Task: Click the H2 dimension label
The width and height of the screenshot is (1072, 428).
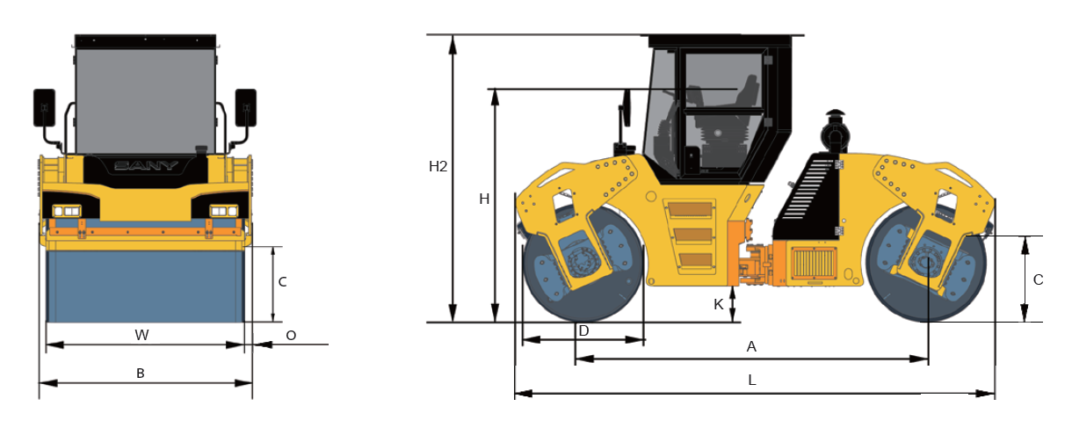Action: (438, 167)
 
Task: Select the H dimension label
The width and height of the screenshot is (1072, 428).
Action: (484, 199)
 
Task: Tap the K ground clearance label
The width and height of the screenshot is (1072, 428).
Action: (719, 304)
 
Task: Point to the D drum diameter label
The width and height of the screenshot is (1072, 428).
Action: (583, 330)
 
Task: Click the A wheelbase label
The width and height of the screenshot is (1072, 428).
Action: (751, 346)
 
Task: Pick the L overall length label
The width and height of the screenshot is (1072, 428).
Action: (752, 381)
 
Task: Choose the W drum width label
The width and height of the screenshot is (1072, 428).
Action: (141, 335)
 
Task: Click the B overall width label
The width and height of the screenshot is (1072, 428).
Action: (141, 374)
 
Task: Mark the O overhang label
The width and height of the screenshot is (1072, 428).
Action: (291, 336)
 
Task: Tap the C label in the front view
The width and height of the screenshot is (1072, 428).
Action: (282, 282)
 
